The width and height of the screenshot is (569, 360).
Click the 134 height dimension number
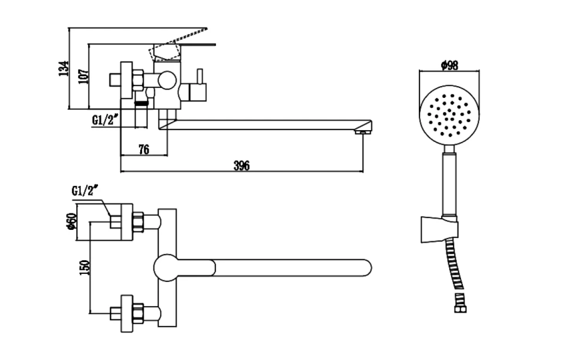63,69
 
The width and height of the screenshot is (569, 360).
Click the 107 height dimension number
83,76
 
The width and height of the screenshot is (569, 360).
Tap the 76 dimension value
144,149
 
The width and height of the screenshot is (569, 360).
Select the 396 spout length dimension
242,165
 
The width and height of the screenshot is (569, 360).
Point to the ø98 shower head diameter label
449,65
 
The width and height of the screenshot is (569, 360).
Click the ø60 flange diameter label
71,221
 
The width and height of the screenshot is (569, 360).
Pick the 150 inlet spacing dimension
84,267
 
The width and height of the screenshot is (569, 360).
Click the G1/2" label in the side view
105,119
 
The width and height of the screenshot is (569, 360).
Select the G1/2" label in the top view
85,190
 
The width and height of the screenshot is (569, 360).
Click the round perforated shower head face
449,115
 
